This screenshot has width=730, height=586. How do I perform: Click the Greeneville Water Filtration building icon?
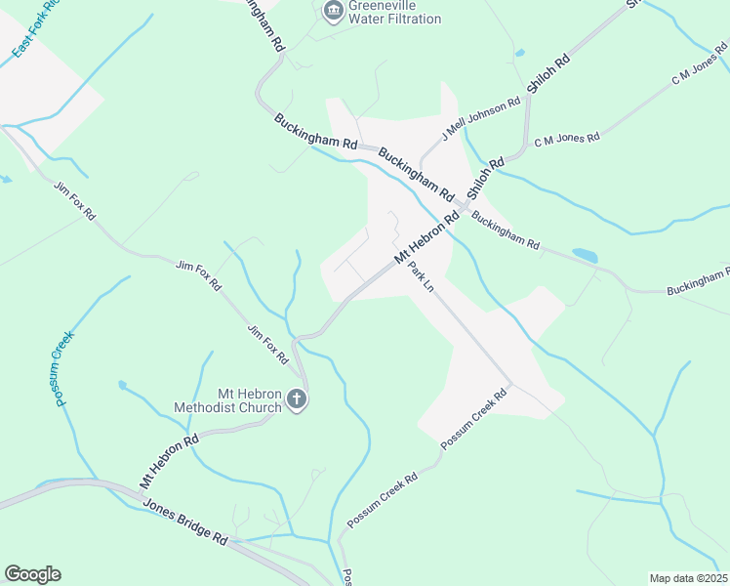(333, 11)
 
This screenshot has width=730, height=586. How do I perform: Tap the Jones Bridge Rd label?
(184, 523)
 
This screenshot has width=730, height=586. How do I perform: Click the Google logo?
(32, 574)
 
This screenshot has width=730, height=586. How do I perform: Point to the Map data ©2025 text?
(688, 578)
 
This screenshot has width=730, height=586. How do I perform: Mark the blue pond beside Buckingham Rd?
(585, 255)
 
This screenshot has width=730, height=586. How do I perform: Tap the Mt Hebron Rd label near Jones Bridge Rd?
(168, 460)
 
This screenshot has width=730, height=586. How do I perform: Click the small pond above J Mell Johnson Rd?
(519, 53)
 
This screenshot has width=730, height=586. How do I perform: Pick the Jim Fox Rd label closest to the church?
(268, 345)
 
